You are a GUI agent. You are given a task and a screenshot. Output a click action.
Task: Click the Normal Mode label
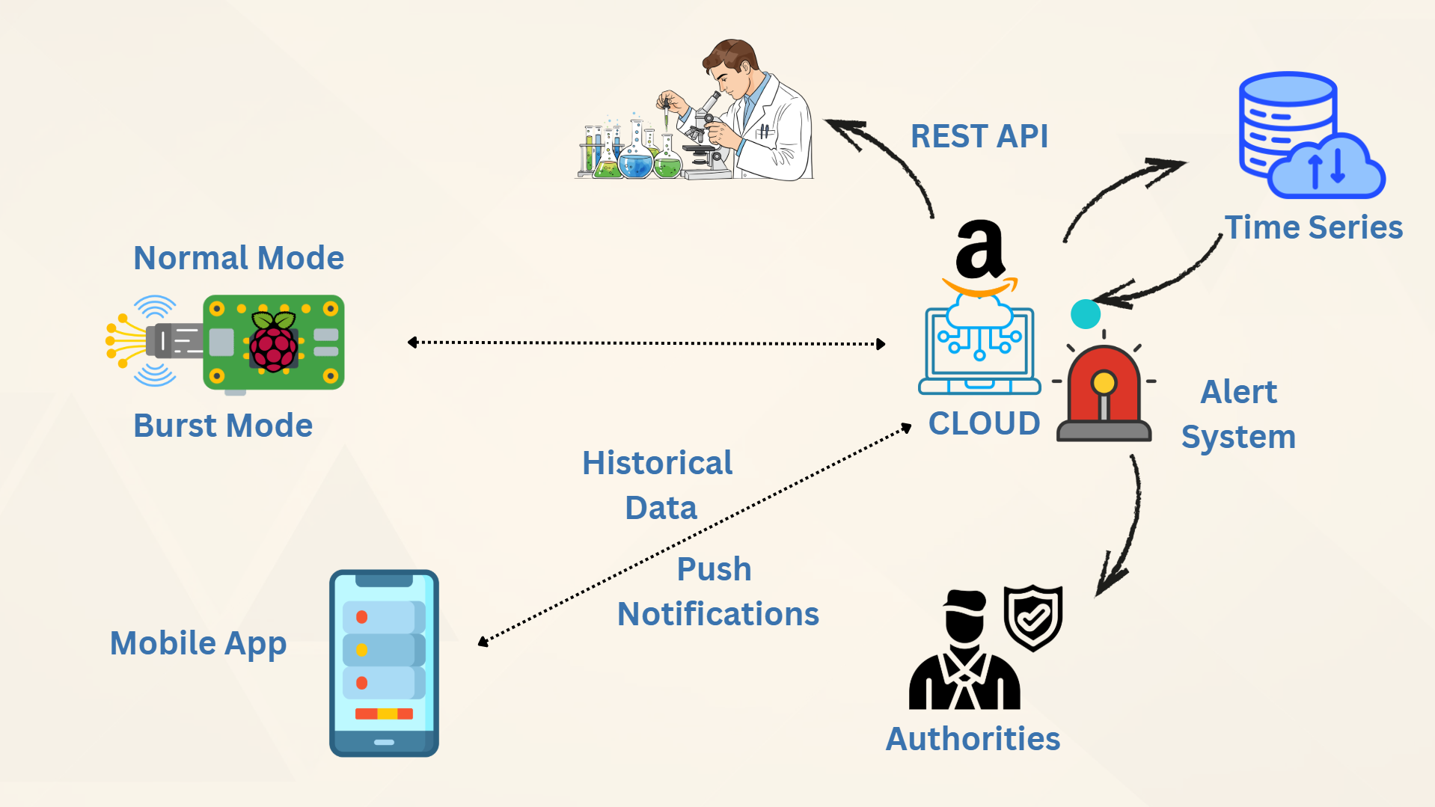[238, 258]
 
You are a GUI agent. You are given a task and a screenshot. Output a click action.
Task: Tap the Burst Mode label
[222, 426]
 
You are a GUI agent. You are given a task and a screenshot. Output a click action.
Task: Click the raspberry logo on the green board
[273, 343]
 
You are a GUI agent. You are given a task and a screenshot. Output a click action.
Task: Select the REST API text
[979, 136]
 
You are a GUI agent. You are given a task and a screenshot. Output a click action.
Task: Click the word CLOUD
[984, 423]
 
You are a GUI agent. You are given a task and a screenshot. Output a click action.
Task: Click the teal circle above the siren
[1086, 313]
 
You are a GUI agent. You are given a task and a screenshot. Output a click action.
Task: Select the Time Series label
[1313, 227]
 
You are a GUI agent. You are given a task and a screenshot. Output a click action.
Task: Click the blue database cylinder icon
[1287, 120]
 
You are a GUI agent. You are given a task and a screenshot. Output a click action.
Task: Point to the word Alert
[1238, 392]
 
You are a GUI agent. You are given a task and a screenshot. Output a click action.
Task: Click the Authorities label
[973, 739]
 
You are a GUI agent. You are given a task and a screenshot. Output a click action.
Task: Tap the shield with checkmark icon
[1033, 617]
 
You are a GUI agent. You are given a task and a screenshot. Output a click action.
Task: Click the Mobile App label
[198, 643]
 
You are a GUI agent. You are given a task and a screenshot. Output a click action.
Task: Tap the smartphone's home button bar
[384, 742]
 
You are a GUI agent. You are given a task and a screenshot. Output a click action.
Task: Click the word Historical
[657, 463]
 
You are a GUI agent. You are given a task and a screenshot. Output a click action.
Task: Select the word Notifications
[717, 614]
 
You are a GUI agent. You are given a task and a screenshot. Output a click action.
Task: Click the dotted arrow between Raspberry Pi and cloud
[646, 343]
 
